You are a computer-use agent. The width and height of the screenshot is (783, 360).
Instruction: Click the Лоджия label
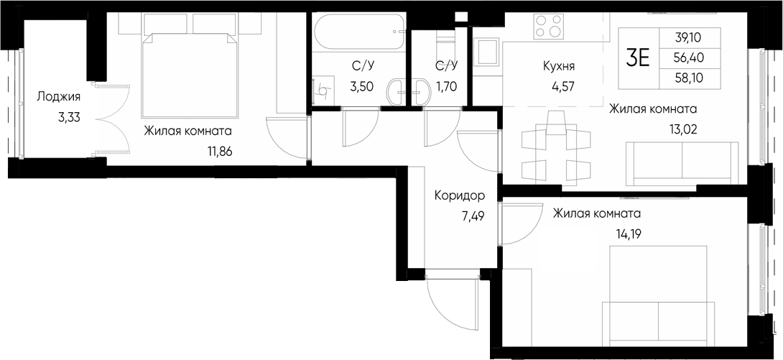tap(58, 97)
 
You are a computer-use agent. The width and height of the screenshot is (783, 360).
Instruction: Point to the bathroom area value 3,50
tap(361, 88)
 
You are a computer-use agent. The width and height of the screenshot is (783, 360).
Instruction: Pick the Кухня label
tap(558, 68)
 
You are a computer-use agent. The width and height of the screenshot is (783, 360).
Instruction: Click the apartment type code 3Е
tap(637, 57)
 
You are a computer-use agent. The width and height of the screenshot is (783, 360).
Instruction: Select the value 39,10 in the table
tap(689, 38)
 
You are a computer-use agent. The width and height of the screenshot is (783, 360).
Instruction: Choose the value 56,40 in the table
tap(689, 57)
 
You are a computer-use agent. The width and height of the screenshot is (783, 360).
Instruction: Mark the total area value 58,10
tap(689, 78)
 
